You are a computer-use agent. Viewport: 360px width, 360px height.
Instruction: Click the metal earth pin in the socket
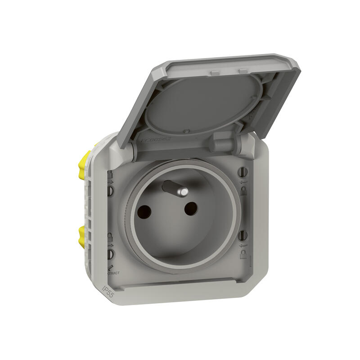[x=176, y=189]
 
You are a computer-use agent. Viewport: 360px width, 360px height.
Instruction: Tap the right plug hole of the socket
[x=191, y=207]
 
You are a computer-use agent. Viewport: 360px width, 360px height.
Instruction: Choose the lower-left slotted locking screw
[x=110, y=254]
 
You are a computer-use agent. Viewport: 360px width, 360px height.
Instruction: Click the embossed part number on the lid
[x=155, y=139]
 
